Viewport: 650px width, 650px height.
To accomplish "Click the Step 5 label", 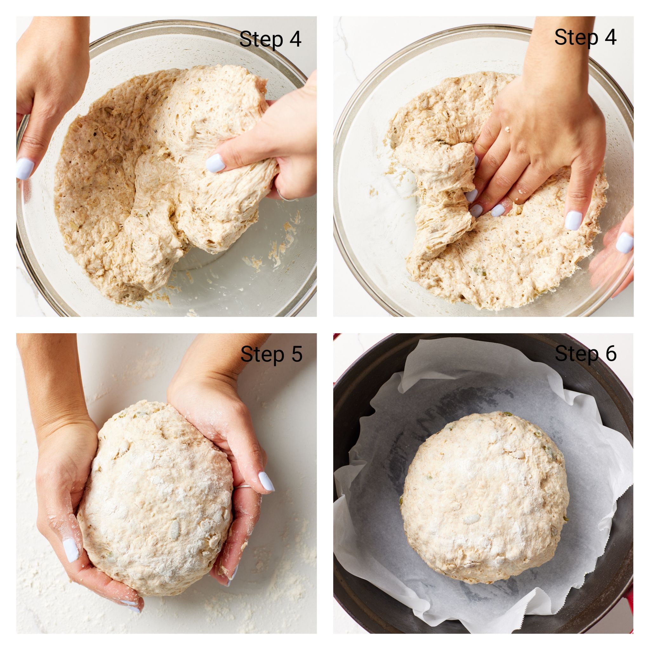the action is pos(271,354).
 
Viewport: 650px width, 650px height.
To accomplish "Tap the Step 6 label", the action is pos(585,354).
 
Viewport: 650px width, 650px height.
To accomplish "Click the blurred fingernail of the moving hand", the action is pos(624,243).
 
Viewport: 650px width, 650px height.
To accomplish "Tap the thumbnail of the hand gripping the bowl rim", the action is pos(25,169).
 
